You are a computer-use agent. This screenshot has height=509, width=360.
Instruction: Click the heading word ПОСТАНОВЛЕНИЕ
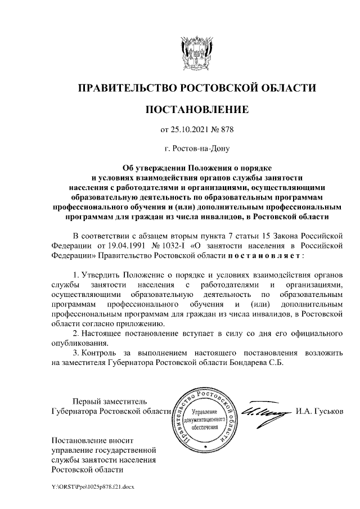[x=196, y=108]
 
